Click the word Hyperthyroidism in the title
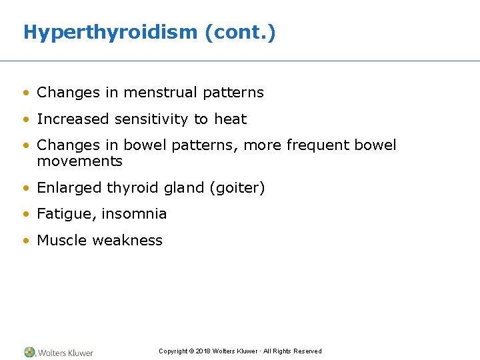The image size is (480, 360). [110, 32]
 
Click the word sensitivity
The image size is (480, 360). [152, 119]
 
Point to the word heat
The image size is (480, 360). [230, 119]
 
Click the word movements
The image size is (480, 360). [79, 161]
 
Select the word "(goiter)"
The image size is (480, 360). [237, 188]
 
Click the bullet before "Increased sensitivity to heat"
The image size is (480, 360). [25, 120]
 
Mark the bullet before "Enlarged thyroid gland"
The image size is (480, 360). [25, 189]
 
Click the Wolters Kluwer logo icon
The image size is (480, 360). [29, 352]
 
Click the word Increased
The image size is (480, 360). [73, 119]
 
